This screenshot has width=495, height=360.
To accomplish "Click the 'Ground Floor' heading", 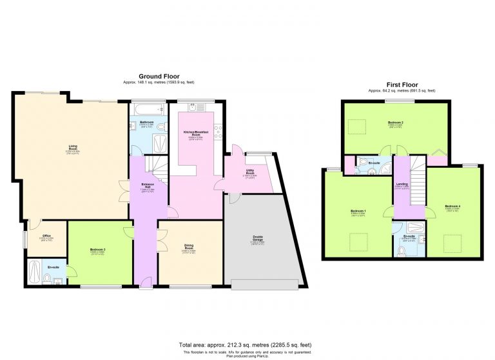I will [159, 76].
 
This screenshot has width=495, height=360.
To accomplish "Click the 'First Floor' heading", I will [402, 85].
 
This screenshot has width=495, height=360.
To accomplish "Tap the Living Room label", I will [73, 147].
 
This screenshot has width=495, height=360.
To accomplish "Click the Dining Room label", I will [189, 245].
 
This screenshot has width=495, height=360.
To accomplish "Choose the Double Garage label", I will [257, 239].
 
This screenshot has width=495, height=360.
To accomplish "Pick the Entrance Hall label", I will [147, 187].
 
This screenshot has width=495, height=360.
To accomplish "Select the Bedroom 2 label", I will [396, 123].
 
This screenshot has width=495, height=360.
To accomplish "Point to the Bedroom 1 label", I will [358, 212].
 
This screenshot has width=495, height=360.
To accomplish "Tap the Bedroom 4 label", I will [452, 206].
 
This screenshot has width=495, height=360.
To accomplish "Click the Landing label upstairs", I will [402, 185].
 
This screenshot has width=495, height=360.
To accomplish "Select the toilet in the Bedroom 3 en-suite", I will [46, 279].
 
